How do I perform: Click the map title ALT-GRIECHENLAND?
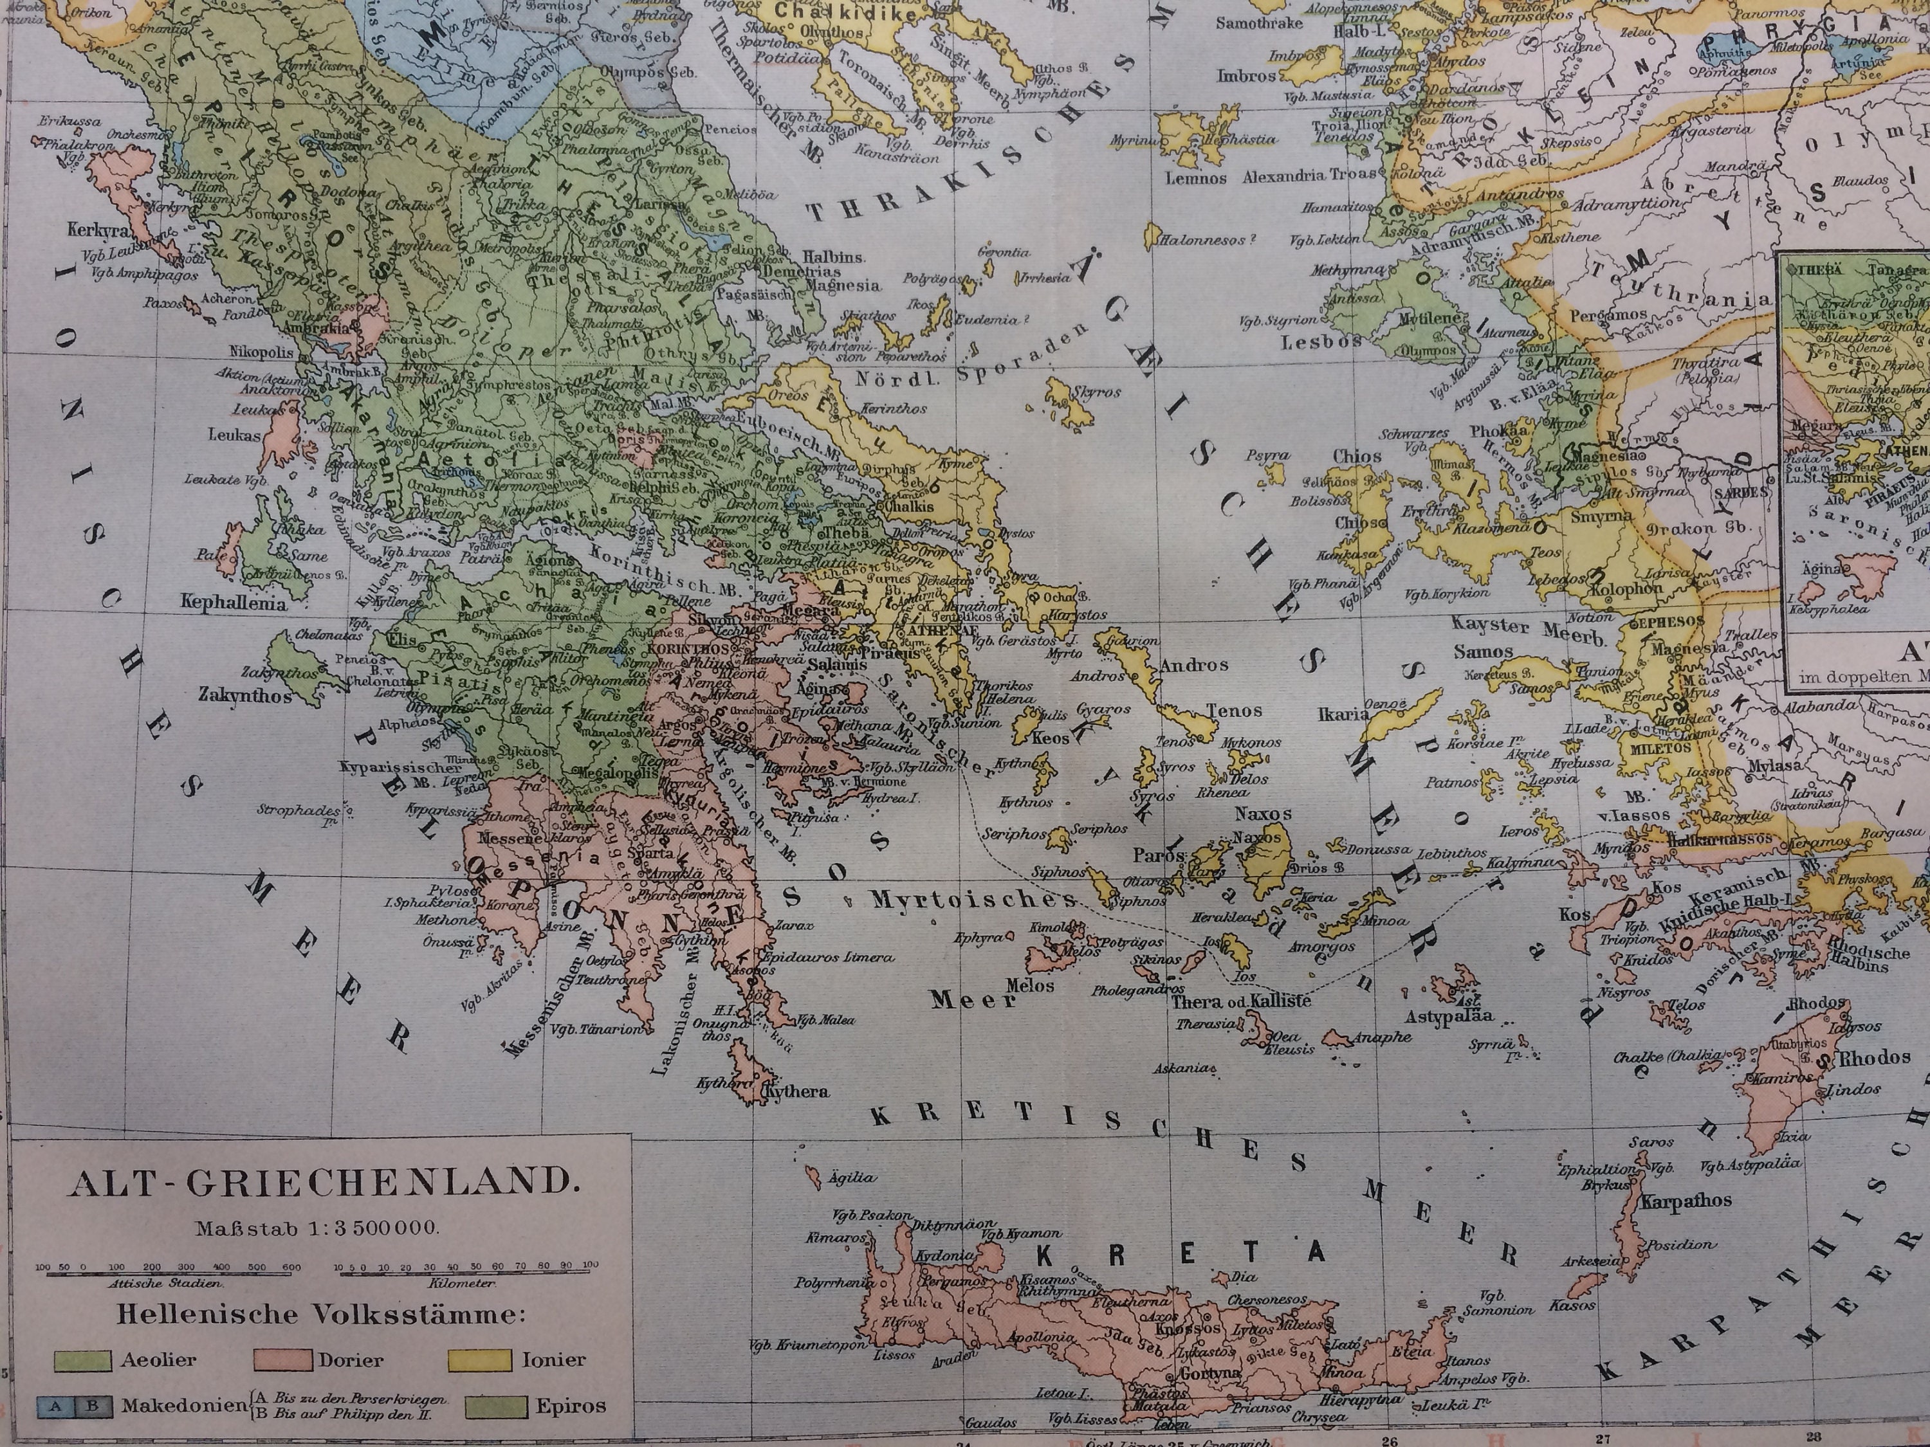[x=324, y=1182]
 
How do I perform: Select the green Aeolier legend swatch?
[x=83, y=1360]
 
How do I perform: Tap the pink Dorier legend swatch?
[x=282, y=1360]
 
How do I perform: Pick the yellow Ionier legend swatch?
[x=479, y=1360]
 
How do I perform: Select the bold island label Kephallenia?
[x=233, y=603]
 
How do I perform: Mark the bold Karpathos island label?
[x=1686, y=1201]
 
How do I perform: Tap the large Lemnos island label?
[x=1196, y=178]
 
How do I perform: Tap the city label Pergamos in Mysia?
[x=1609, y=314]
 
